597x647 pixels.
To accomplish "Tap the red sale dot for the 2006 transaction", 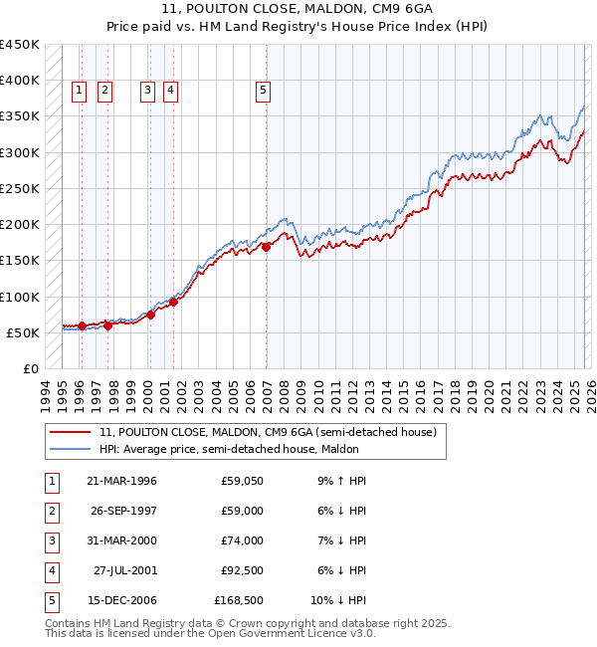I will [267, 247].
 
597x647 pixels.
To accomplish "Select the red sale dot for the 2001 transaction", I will [173, 303].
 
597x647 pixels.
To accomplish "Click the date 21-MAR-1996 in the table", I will [121, 481].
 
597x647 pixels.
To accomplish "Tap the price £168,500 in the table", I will [239, 600].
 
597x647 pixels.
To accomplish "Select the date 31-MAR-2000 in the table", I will [121, 540].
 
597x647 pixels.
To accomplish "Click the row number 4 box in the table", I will [50, 570].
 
